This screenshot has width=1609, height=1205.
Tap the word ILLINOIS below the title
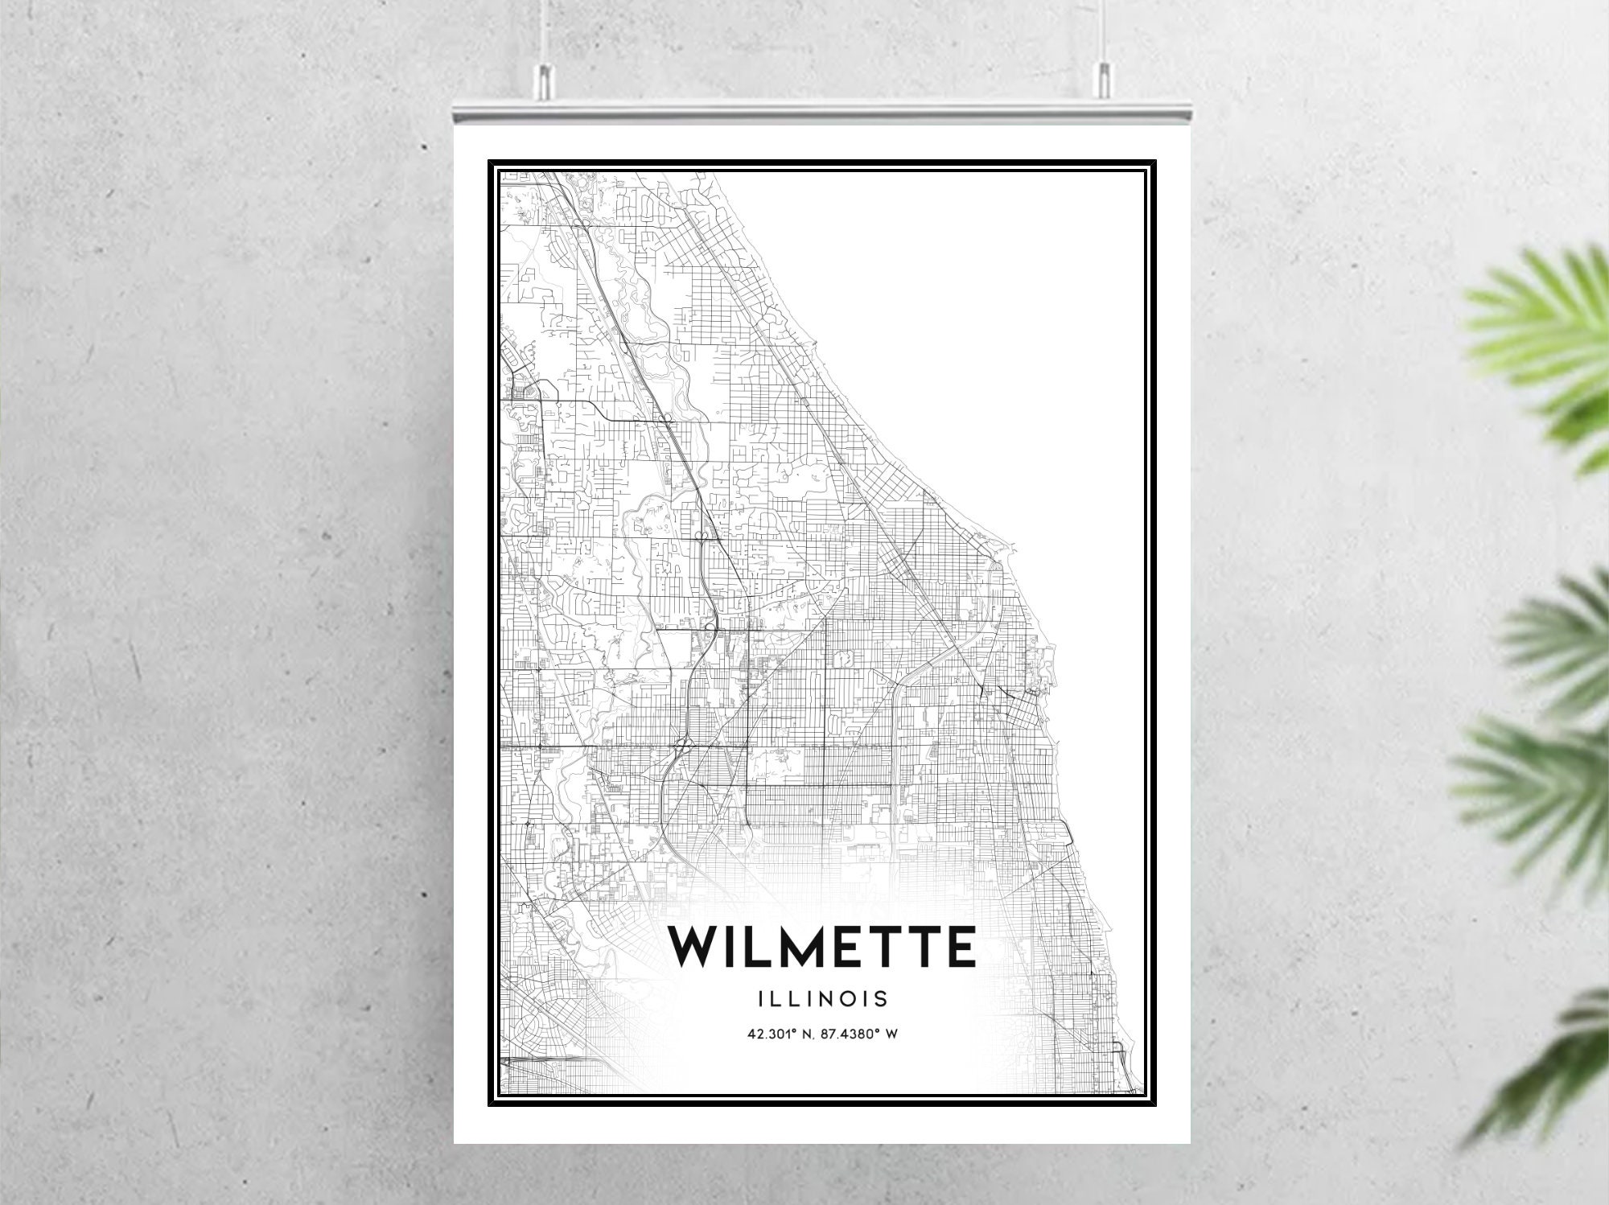coord(822,999)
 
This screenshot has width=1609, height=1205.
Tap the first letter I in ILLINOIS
coord(761,999)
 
